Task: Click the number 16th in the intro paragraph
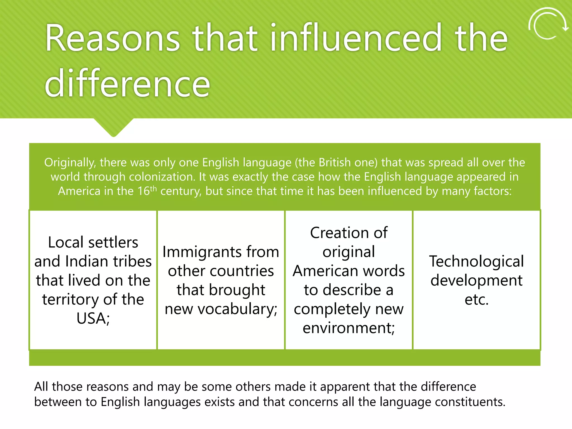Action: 147,191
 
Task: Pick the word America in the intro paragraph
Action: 79,191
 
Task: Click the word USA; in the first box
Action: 93,318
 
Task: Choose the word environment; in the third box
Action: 349,328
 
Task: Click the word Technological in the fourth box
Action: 476,261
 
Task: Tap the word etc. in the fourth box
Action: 476,299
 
